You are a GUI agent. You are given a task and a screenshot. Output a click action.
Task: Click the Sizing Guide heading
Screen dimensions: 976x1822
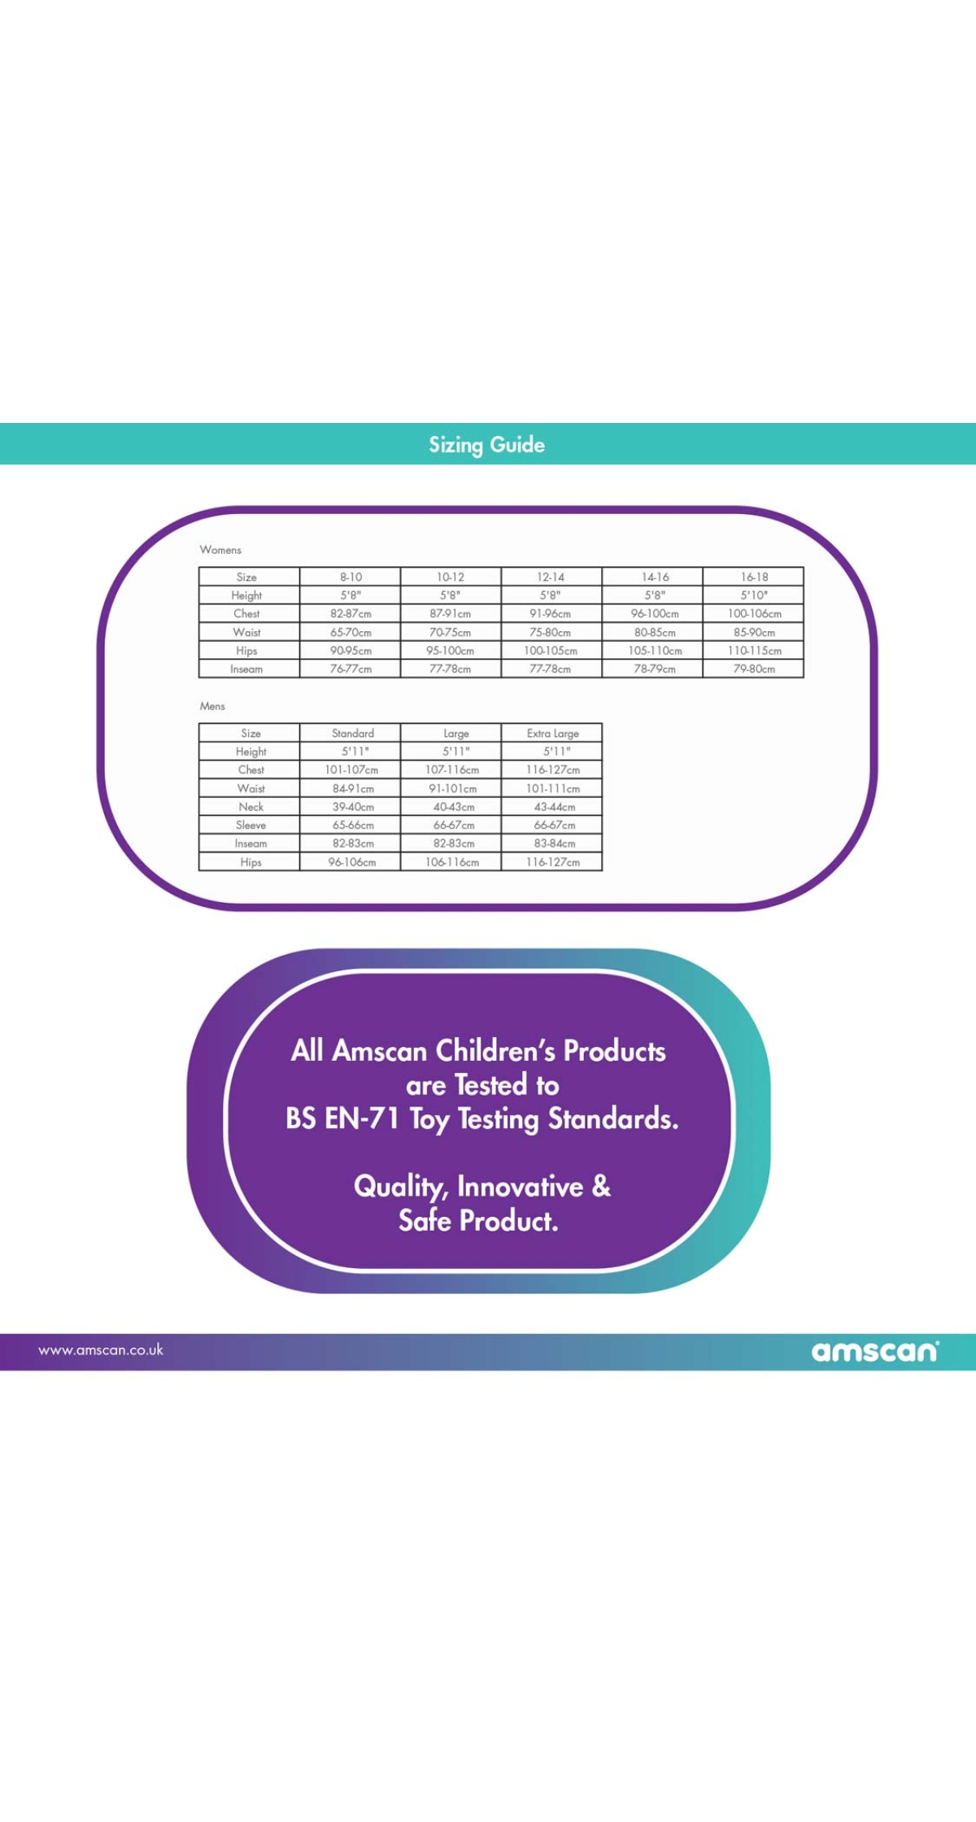486,445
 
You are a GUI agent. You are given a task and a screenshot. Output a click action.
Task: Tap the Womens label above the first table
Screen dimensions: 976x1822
220,550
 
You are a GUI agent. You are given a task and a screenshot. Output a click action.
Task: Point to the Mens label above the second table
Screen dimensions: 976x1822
212,706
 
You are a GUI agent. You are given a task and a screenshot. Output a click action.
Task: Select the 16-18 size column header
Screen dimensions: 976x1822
754,577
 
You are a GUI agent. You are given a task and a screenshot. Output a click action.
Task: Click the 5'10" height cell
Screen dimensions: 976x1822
754,595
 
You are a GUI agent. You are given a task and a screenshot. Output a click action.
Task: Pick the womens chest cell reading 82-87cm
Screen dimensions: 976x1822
351,614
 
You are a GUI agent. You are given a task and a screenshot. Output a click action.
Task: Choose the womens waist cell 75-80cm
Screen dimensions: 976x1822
551,633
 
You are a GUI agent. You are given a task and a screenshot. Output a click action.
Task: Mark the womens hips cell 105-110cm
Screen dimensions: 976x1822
655,651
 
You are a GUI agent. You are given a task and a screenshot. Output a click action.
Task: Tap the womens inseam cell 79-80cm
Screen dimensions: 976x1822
754,669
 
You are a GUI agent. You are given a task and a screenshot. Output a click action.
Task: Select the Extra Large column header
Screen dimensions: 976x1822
553,733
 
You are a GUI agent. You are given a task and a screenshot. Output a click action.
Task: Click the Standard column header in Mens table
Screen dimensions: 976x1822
353,733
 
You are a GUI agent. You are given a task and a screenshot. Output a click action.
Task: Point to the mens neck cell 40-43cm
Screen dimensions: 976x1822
454,807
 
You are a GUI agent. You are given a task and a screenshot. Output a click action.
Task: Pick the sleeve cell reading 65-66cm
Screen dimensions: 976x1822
353,826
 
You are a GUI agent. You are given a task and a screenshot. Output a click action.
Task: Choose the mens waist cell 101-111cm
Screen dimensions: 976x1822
553,789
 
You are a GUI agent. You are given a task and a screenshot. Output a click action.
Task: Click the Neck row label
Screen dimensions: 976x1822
251,807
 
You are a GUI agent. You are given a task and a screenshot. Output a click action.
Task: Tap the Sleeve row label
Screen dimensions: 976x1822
251,826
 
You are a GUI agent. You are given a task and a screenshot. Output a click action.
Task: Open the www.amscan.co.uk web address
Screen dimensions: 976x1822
101,1350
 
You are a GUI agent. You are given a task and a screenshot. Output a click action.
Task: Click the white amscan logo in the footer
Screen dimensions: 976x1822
875,1351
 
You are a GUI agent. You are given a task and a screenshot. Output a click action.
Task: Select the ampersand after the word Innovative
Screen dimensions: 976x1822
602,1186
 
